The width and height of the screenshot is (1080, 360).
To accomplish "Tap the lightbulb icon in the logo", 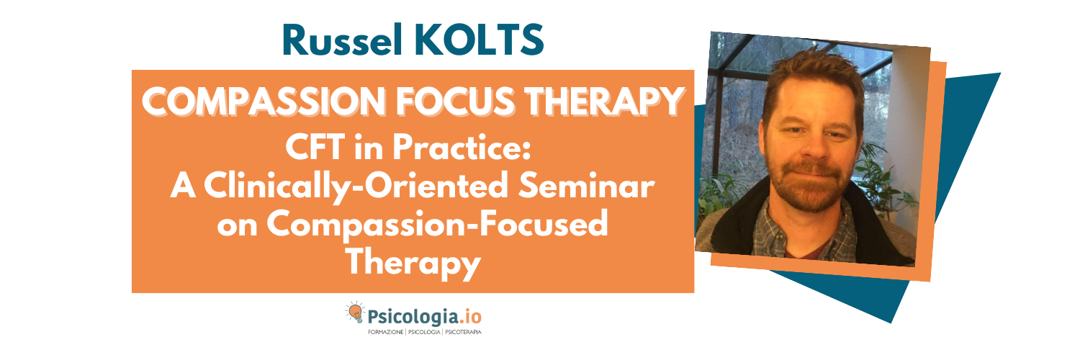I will coord(355,314).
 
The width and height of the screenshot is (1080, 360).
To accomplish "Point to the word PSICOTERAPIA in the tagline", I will coord(461,333).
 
